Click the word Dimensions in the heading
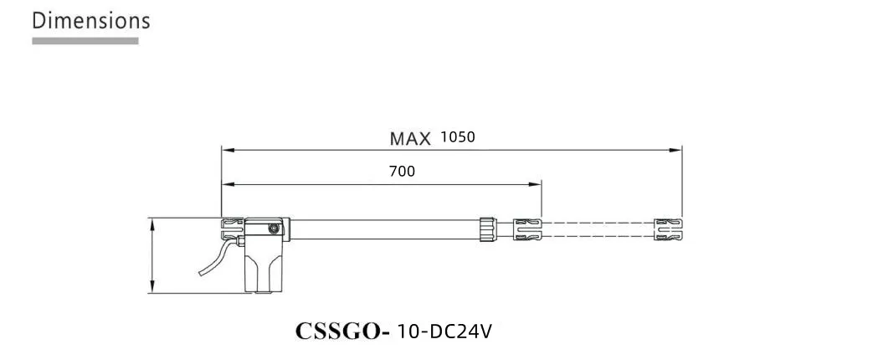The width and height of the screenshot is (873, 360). point(91,21)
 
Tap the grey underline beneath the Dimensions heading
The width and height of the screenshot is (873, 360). point(85,40)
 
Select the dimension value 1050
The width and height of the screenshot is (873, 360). point(457,136)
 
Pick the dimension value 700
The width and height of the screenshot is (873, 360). point(402,172)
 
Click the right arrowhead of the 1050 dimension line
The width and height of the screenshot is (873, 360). point(678,151)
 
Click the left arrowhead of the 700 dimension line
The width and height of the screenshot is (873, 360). point(226,183)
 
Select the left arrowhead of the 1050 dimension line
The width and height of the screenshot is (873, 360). point(226,151)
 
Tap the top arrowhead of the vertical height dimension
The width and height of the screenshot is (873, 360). point(151,223)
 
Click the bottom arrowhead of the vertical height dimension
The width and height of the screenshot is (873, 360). point(151,289)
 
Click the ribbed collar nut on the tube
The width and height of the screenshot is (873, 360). point(488,229)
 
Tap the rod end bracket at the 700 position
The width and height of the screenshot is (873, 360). point(527,229)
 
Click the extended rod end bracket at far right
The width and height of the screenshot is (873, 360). point(669,229)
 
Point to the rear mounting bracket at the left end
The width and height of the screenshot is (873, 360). point(231,229)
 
